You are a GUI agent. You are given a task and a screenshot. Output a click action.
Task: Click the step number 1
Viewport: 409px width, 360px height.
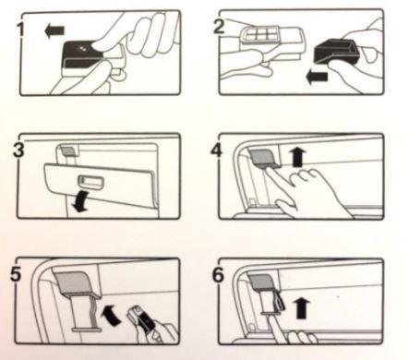[x=20, y=30]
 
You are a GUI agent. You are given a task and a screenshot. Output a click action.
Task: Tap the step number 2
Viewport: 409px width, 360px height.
[x=219, y=26]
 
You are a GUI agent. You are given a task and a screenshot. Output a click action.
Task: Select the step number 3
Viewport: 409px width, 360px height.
[x=18, y=150]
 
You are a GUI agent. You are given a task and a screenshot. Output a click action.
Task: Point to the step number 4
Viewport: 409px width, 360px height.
[x=217, y=150]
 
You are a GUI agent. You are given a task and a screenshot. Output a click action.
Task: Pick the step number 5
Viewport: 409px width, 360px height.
[x=16, y=274]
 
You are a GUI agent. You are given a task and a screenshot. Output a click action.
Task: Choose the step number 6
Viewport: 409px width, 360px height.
[x=218, y=275]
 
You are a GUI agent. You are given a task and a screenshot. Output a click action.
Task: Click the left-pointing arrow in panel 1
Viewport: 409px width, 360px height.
[x=54, y=30]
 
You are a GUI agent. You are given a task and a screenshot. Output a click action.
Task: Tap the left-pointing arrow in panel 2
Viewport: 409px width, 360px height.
[x=317, y=77]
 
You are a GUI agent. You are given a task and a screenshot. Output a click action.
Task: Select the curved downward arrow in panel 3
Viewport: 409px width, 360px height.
[x=80, y=201]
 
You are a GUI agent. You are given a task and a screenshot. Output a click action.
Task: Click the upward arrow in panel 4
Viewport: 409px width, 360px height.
[x=297, y=157]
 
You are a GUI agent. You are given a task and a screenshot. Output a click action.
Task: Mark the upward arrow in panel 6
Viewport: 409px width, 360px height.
[x=302, y=308]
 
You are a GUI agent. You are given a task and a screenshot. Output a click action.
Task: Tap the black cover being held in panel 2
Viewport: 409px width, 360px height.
[x=337, y=51]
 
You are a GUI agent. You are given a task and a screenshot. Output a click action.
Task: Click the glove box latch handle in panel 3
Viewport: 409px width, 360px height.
[x=91, y=183]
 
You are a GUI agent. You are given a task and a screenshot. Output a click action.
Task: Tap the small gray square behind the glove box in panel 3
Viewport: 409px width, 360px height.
[x=68, y=150]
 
